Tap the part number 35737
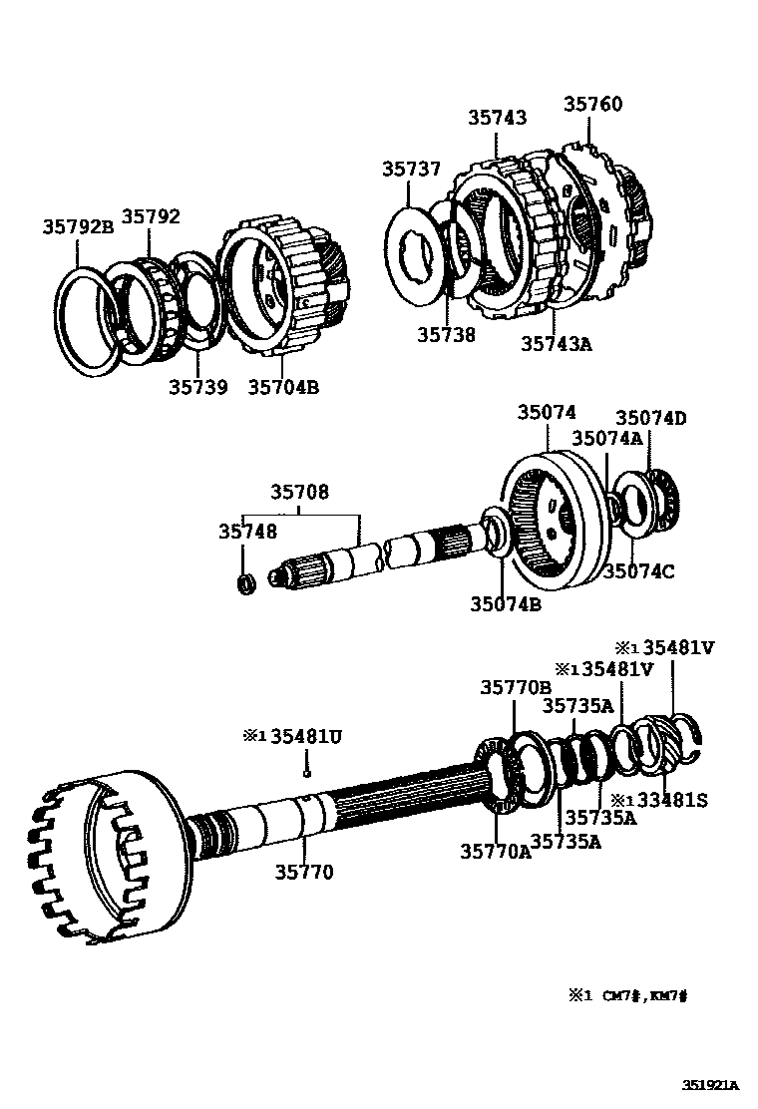[410, 169]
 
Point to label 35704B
[283, 387]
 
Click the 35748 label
[248, 533]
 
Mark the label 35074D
[650, 418]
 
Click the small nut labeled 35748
[243, 581]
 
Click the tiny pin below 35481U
[308, 768]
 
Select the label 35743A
[556, 344]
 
